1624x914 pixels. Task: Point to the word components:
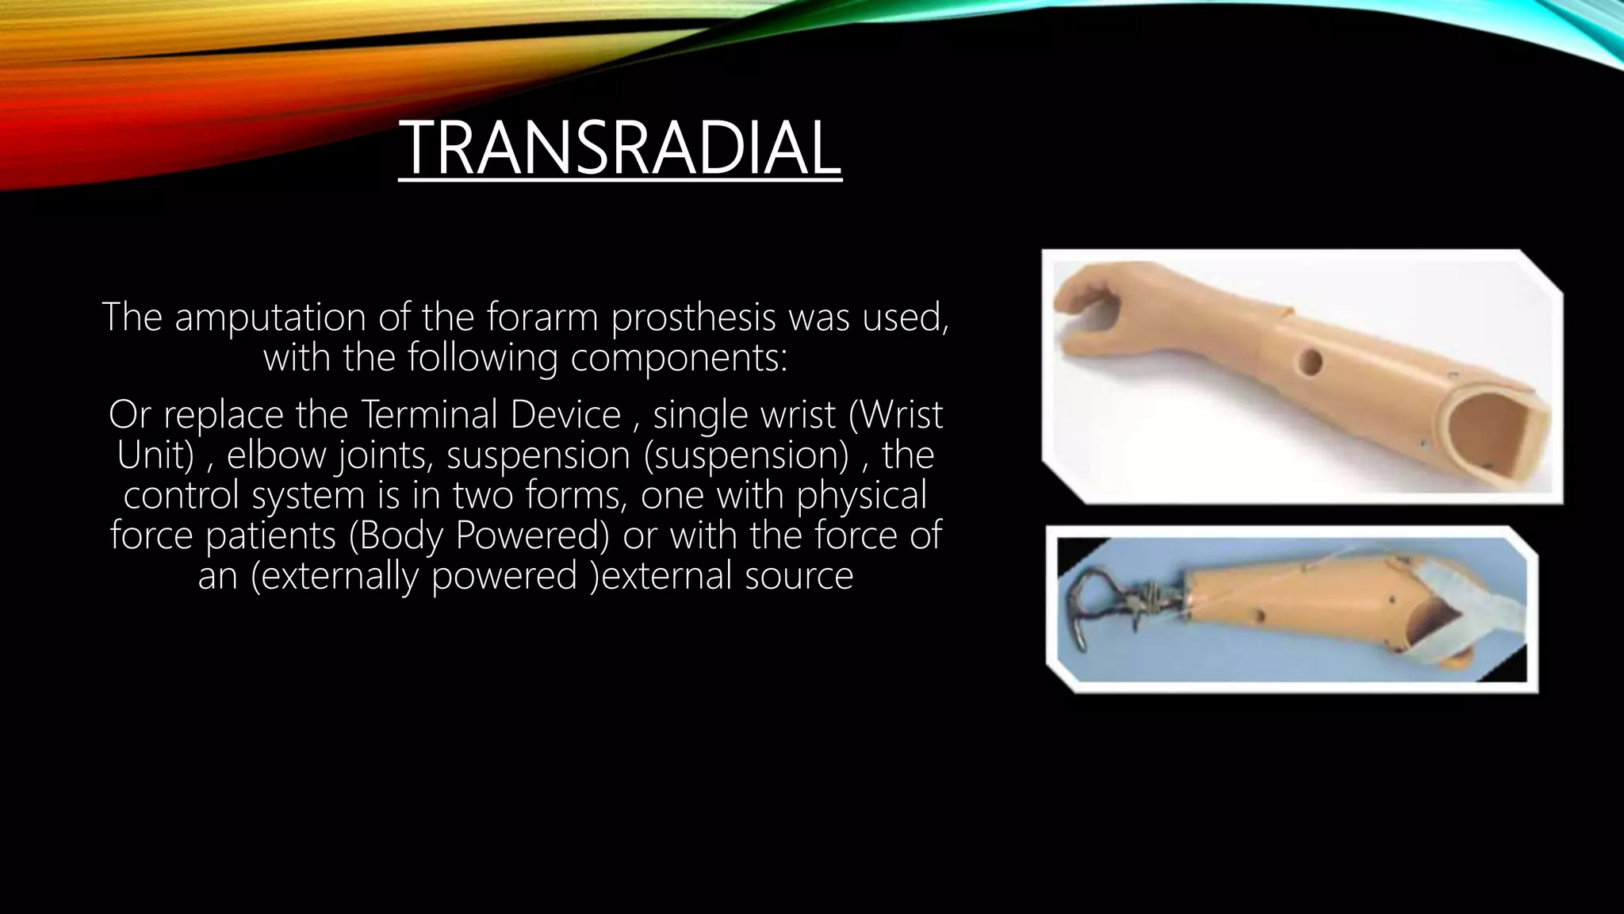pos(679,358)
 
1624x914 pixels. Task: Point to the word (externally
pos(335,575)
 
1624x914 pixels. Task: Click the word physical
pos(862,495)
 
